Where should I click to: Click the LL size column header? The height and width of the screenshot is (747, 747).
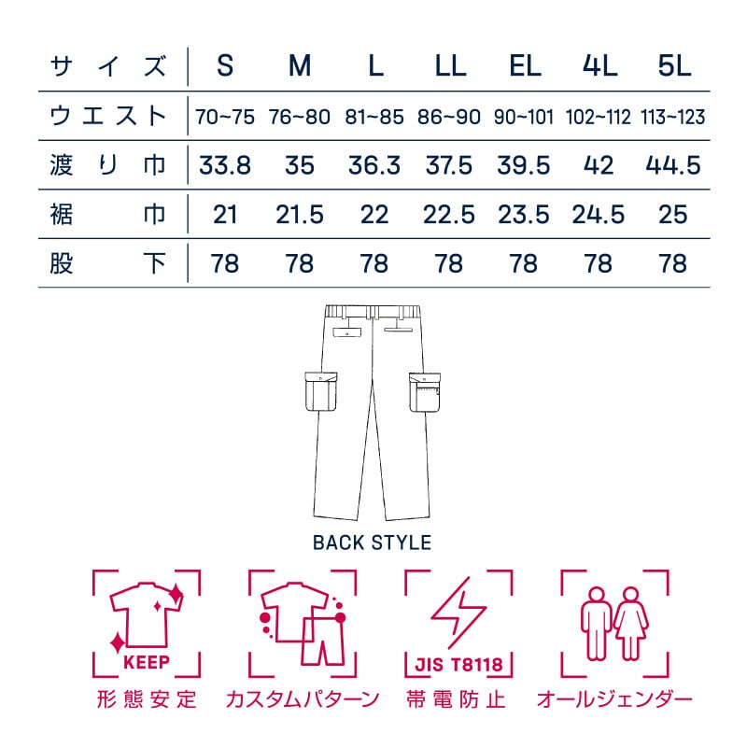click(449, 66)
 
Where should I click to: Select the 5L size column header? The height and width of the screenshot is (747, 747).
click(672, 66)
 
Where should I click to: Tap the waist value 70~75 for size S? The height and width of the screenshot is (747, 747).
click(224, 118)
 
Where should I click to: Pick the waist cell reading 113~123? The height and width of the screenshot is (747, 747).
click(672, 118)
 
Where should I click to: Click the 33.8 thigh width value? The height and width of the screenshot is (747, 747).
click(224, 166)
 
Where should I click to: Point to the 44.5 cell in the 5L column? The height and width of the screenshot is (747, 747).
click(672, 166)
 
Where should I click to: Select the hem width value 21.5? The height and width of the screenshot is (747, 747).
click(300, 215)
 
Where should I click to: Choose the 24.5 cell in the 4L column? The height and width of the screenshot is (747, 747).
click(598, 215)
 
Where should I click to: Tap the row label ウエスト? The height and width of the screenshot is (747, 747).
click(108, 117)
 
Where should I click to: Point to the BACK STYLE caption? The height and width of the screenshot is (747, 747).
click(372, 543)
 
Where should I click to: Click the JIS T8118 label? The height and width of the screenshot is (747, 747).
click(458, 667)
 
